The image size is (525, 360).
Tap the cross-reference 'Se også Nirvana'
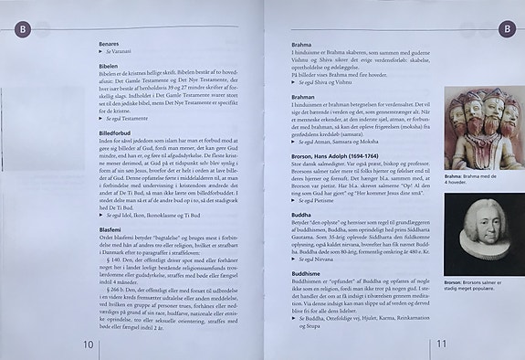click(293, 259)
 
